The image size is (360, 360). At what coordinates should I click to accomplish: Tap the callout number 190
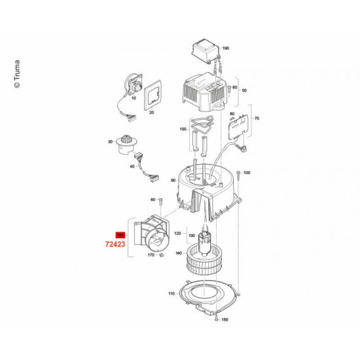(x=226, y=48)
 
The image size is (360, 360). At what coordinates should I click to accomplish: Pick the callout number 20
(x=151, y=113)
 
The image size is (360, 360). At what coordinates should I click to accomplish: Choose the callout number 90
(x=173, y=181)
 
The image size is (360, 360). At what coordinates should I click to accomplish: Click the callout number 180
(x=225, y=319)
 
